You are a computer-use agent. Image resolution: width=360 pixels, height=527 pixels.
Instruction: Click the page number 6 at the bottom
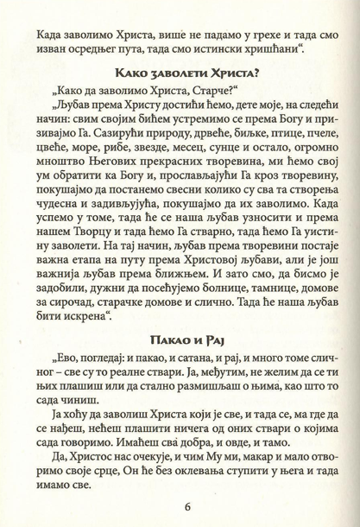pyautogui.click(x=180, y=505)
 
